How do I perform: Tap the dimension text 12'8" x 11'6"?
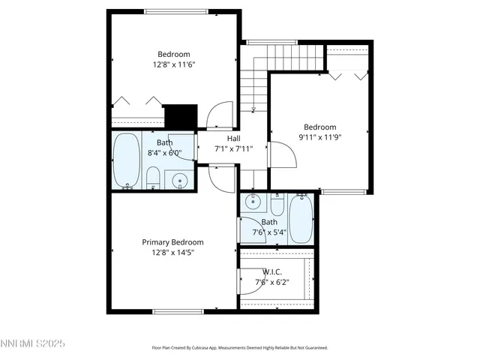[173, 65]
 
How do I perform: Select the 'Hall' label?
[233, 138]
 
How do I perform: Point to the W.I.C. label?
[271, 271]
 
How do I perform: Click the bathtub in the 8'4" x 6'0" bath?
[125, 160]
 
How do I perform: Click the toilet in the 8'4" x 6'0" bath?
[153, 178]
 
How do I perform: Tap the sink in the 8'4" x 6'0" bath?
[179, 180]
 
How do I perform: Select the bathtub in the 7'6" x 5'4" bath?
[301, 217]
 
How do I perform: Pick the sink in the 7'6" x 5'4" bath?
[253, 201]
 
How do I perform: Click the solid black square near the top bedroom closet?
[180, 116]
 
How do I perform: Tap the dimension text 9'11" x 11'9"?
[319, 138]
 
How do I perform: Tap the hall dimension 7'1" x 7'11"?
[233, 148]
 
